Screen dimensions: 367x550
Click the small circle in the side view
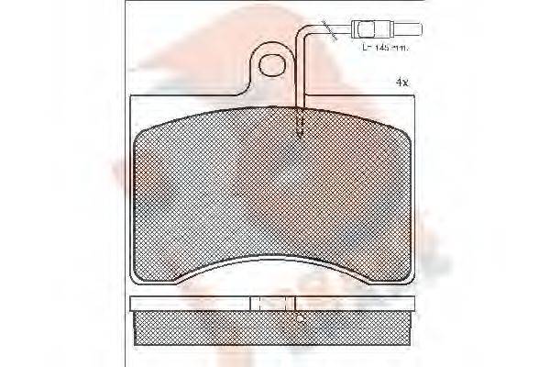300,318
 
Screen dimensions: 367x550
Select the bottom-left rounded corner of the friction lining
147,275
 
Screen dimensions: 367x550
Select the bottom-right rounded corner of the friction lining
403,275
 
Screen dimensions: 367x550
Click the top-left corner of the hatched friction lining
140,128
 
